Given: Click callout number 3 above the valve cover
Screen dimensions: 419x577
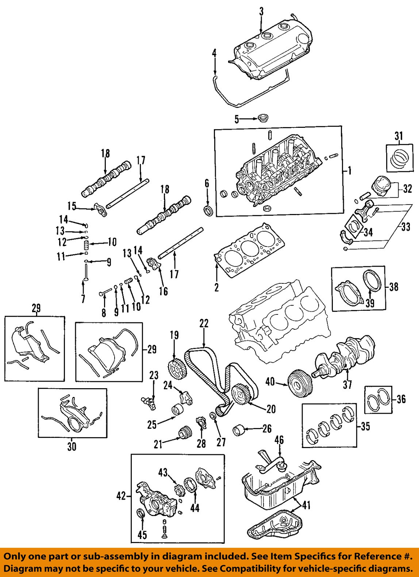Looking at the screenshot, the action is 261,12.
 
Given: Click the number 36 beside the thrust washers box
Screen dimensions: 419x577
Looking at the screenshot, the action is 401,399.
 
